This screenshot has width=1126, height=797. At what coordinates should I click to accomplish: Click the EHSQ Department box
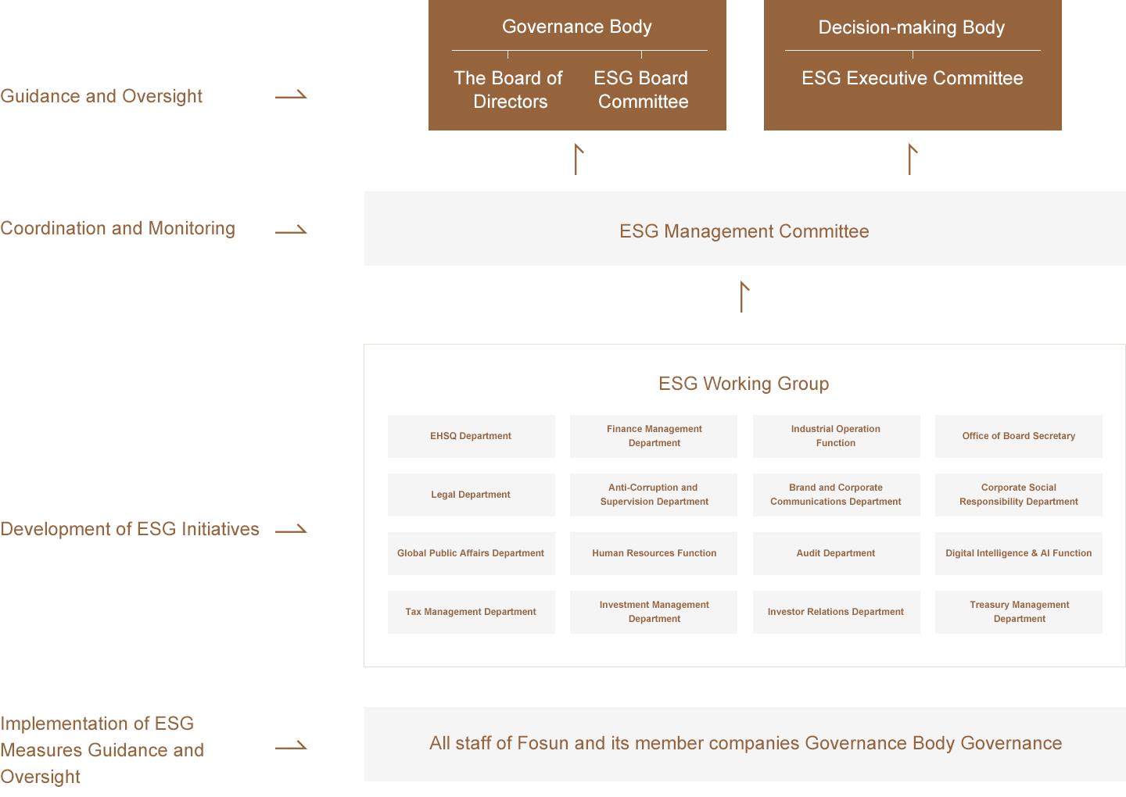point(471,436)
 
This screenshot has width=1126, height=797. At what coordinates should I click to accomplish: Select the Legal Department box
point(471,495)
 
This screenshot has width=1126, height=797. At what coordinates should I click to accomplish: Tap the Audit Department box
point(836,553)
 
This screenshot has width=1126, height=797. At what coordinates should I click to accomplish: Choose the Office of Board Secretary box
point(1018,436)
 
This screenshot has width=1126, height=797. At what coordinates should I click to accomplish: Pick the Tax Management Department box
point(471,612)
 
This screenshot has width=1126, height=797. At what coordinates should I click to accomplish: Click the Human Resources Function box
point(654,553)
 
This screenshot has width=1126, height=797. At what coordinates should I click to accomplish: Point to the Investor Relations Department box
point(836,612)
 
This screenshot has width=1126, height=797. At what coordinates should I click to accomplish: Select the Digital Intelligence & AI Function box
point(1018,553)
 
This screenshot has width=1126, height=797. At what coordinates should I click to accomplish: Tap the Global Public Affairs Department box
point(471,553)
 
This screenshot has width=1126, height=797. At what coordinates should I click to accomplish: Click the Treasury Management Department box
point(1018,612)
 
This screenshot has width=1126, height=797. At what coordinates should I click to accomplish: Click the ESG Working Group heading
point(744,384)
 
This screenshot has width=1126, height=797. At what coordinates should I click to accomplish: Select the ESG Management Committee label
point(744,231)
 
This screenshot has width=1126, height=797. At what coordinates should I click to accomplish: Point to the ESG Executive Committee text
point(913,78)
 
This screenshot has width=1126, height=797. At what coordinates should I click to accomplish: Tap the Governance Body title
point(576,27)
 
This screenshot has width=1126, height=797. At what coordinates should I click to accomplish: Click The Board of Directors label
point(508,90)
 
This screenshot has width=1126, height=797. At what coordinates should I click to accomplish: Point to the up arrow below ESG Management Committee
point(742,297)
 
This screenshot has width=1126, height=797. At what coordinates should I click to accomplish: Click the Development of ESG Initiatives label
point(130,529)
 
